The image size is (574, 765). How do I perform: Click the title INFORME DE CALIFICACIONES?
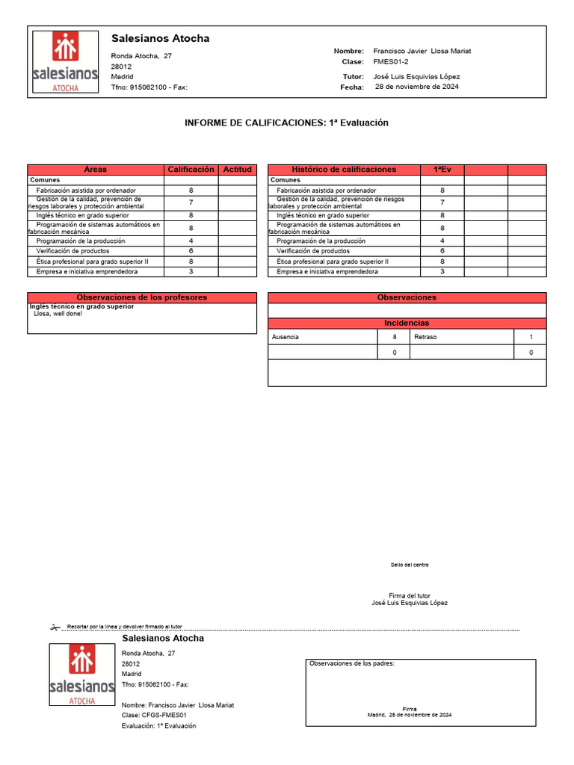(286, 123)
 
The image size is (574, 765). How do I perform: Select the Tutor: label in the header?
(353, 76)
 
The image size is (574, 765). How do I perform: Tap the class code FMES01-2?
(390, 62)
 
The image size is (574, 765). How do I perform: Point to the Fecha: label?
(352, 87)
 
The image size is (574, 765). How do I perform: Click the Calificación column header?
(191, 170)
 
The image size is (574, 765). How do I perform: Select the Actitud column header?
(238, 170)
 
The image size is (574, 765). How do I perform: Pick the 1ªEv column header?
(442, 170)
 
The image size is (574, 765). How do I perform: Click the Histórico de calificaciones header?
(344, 170)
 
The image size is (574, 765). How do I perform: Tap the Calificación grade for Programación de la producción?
(191, 241)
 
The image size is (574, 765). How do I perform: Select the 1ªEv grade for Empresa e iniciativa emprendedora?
(442, 272)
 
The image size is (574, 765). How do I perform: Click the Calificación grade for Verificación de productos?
(191, 251)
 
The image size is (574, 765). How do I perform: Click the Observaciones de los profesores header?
(142, 297)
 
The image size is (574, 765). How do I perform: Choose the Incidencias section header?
(407, 323)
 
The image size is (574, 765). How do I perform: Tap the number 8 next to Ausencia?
(395, 337)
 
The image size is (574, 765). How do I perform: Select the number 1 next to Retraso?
(531, 337)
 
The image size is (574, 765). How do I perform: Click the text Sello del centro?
(410, 565)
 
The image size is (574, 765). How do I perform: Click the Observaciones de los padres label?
(351, 663)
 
